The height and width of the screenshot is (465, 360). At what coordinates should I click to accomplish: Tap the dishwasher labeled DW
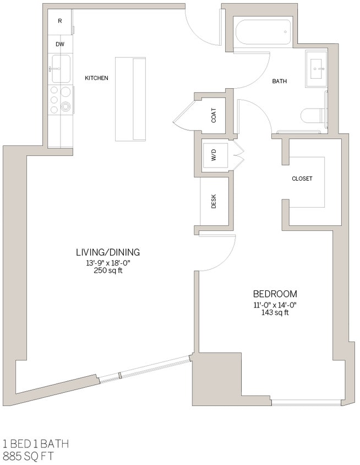click(x=60, y=44)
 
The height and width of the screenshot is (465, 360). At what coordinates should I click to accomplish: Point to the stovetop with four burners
click(x=61, y=100)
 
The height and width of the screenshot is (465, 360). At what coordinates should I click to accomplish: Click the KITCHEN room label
click(x=96, y=78)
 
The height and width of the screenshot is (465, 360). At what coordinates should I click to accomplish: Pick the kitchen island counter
click(x=130, y=99)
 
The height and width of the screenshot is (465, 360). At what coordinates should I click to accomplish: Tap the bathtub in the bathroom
click(x=263, y=33)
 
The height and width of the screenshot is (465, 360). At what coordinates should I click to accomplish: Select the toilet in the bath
click(x=314, y=115)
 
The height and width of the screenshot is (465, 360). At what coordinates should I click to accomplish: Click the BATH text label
click(x=279, y=82)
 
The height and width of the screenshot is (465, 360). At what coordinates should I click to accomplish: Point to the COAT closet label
click(x=214, y=115)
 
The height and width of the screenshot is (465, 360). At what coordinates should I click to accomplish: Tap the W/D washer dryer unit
click(x=214, y=156)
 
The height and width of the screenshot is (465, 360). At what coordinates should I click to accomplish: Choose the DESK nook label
click(x=214, y=202)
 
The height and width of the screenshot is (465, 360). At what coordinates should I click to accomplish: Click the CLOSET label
click(x=302, y=179)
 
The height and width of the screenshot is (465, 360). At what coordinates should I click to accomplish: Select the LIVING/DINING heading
click(x=108, y=252)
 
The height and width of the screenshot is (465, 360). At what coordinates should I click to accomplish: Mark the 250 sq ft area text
click(x=108, y=271)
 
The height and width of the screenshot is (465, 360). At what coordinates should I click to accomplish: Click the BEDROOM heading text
click(x=275, y=294)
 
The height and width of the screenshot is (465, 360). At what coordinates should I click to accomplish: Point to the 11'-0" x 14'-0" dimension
click(x=275, y=305)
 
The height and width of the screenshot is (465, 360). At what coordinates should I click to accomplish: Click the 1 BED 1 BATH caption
click(x=36, y=444)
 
